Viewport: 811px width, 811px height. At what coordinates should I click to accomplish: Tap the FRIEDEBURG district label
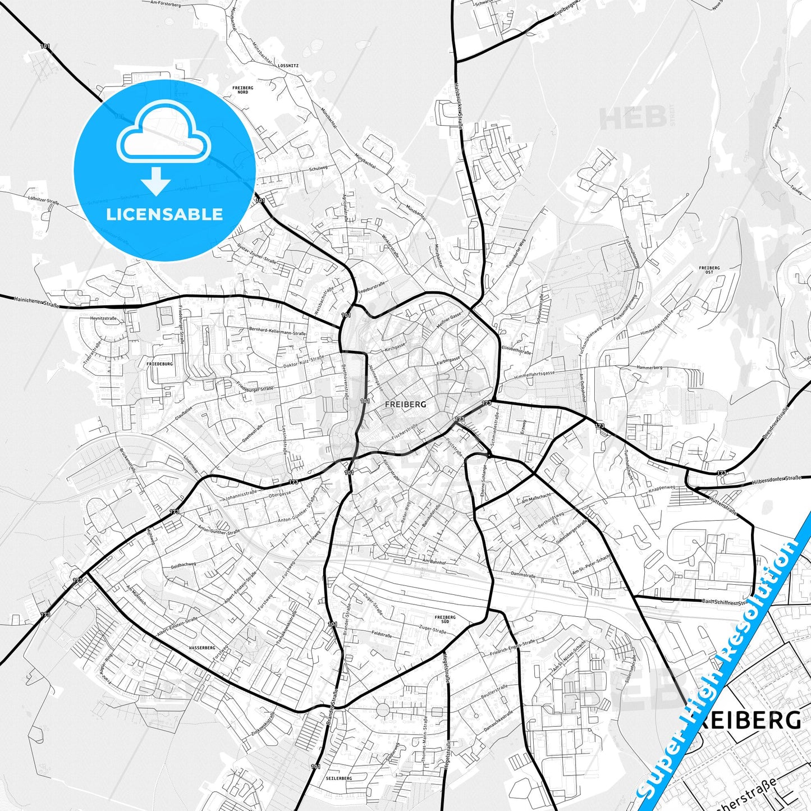tap(159, 364)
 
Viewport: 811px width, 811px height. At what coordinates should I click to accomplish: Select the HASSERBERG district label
tap(202, 647)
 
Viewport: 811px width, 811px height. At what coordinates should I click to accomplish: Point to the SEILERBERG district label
tap(338, 778)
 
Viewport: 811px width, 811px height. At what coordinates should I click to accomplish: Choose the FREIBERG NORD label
tap(242, 90)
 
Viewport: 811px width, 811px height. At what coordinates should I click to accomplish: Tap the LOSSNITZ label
tap(288, 66)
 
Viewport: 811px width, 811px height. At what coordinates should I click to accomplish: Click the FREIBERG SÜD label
tap(445, 620)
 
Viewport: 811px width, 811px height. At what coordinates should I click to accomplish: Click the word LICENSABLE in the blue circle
tap(164, 214)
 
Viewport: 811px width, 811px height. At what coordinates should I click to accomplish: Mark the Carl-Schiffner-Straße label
tap(724, 602)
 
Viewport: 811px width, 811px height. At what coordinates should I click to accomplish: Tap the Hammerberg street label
tap(649, 368)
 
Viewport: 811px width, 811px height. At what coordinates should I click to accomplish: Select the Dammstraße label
tap(524, 575)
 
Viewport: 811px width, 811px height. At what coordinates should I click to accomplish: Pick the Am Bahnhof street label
tap(434, 561)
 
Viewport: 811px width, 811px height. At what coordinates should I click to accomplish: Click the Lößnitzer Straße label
tap(43, 199)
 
